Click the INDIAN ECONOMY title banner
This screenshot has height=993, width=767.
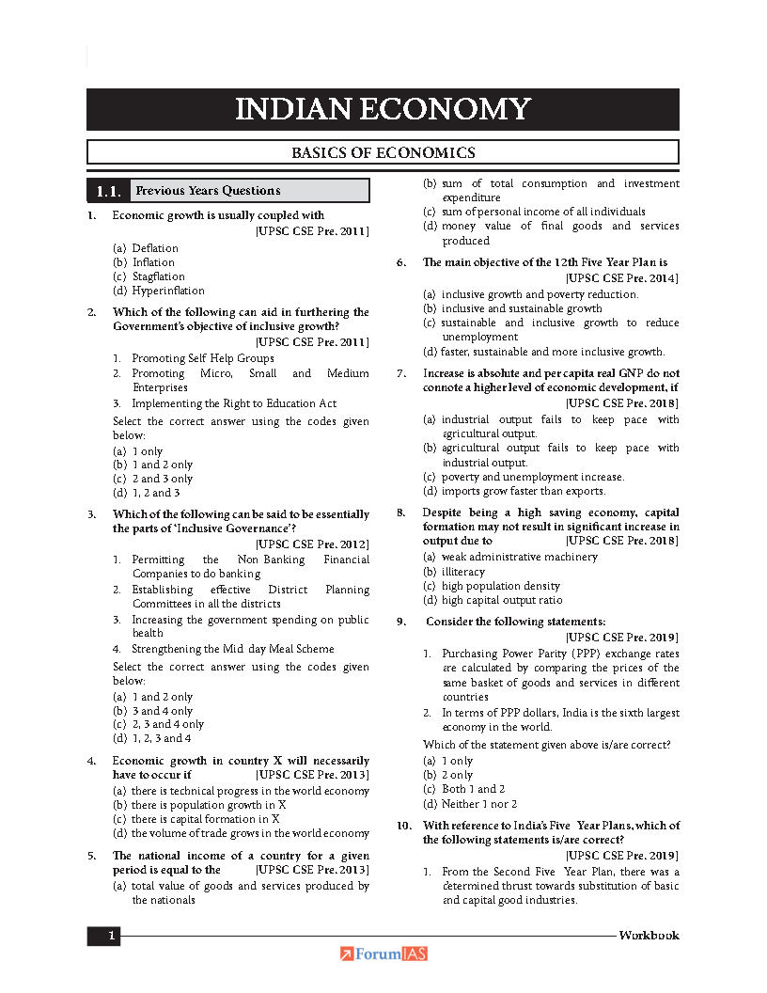(x=383, y=109)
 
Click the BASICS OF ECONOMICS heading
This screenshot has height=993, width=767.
(x=383, y=152)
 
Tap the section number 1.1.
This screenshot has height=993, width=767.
(x=107, y=191)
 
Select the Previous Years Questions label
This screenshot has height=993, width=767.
(x=208, y=191)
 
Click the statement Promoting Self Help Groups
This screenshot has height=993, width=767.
(x=203, y=358)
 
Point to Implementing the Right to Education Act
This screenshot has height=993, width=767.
(x=234, y=403)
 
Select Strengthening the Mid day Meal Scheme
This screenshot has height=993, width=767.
(x=233, y=649)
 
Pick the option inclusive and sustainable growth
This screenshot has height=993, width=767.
(x=522, y=308)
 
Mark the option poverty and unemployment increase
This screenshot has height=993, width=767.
(x=532, y=477)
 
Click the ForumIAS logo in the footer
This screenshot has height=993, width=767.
(x=383, y=954)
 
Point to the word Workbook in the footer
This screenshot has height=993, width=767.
(x=649, y=936)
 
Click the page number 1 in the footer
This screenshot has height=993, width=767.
(x=112, y=936)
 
